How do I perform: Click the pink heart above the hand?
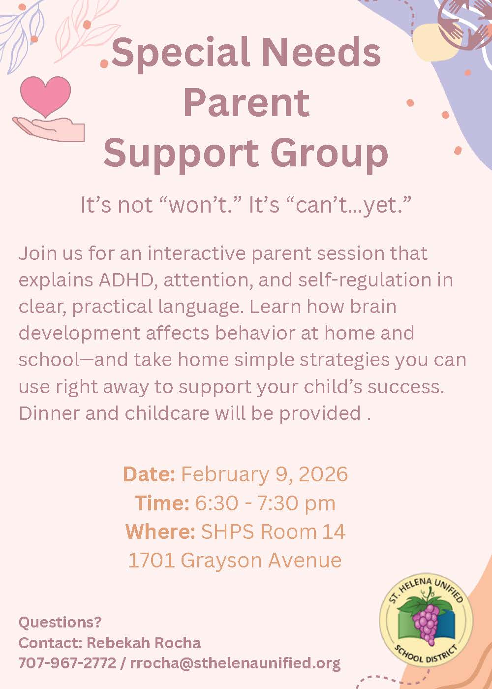pyautogui.click(x=45, y=95)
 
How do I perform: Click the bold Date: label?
pyautogui.click(x=149, y=474)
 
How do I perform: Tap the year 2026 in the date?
pyautogui.click(x=323, y=474)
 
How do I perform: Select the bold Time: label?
pyautogui.click(x=162, y=502)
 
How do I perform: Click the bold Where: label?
pyautogui.click(x=160, y=531)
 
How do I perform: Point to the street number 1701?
pyautogui.click(x=152, y=560)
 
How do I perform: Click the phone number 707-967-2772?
pyautogui.click(x=67, y=662)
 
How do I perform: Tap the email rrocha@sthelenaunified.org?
pyautogui.click(x=235, y=663)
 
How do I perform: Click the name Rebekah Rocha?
pyautogui.click(x=144, y=642)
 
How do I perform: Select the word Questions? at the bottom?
pyautogui.click(x=60, y=622)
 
